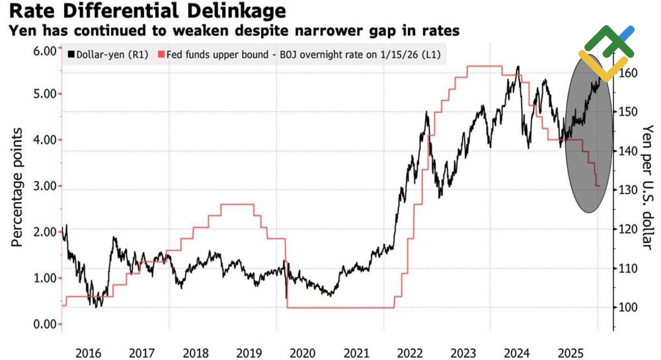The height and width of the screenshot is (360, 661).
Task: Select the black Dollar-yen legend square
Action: click(71, 54)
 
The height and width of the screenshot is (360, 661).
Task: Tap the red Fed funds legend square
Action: click(161, 54)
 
